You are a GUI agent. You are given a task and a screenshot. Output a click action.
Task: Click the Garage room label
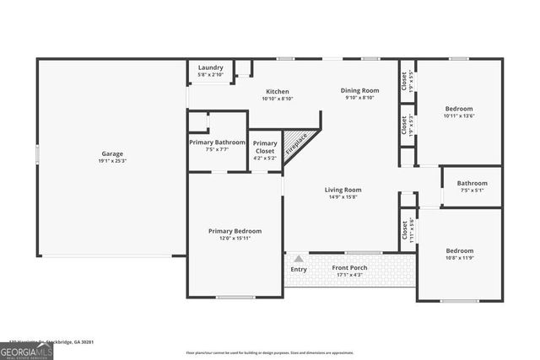pyautogui.click(x=113, y=153)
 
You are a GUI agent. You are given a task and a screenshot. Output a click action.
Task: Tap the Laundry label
pyautogui.click(x=211, y=67)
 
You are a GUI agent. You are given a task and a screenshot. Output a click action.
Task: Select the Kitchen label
pyautogui.click(x=278, y=91)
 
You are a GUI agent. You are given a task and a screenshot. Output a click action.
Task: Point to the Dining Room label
pyautogui.click(x=359, y=90)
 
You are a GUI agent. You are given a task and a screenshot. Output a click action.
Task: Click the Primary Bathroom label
pyautogui.click(x=217, y=142)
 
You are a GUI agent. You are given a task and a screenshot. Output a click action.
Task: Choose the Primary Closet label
pyautogui.click(x=265, y=143)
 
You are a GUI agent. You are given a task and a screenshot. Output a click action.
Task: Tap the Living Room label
pyautogui.click(x=343, y=190)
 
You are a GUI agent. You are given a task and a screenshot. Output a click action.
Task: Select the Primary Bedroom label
pyautogui.click(x=235, y=231)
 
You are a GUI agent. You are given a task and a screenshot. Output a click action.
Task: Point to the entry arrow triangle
pyautogui.click(x=298, y=259)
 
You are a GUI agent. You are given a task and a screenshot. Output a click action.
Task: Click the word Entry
pyautogui.click(x=299, y=270)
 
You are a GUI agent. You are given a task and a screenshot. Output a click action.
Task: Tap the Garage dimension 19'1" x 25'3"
pyautogui.click(x=113, y=161)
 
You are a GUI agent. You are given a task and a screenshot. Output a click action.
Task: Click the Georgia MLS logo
pyautogui.click(x=26, y=351)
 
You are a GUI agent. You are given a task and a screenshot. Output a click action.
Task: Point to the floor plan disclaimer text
pyautogui.click(x=269, y=352)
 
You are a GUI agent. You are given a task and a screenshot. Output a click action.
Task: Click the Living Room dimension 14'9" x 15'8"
pyautogui.click(x=343, y=197)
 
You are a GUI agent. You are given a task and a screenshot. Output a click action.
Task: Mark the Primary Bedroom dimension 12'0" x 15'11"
pyautogui.click(x=235, y=239)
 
